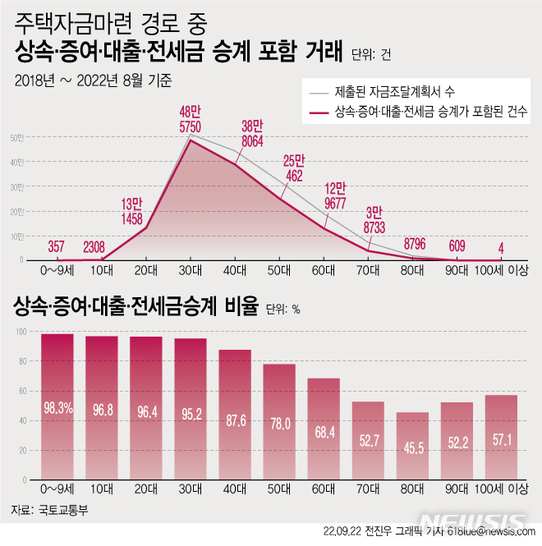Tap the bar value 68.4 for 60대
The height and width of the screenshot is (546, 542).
coord(324,431)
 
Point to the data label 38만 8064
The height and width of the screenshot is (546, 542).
coord(252,134)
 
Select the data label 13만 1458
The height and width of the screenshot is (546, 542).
coord(132,212)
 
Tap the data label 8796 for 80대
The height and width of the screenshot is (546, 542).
coord(415,244)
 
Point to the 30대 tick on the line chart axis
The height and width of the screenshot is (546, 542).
coord(191,269)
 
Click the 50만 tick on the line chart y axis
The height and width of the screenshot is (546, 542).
coord(16,137)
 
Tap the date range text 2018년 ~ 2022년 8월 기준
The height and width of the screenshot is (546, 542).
coord(98,80)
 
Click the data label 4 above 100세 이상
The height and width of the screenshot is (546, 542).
coord(501,245)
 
